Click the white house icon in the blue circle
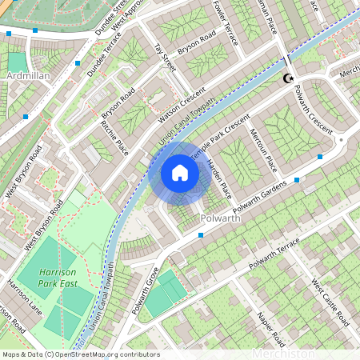point(180,173)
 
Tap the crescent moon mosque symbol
point(289,78)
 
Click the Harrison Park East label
point(57,277)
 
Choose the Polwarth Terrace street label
point(274,253)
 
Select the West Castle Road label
point(330,303)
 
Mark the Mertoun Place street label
point(263,150)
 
